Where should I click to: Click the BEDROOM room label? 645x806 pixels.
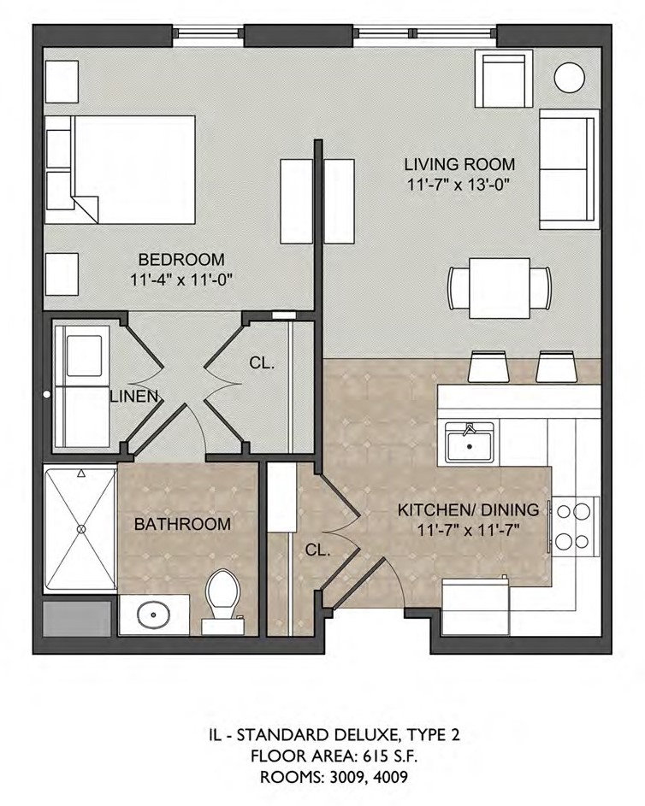click(x=181, y=259)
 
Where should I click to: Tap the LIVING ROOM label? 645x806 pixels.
click(x=459, y=164)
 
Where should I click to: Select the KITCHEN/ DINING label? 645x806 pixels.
click(x=468, y=510)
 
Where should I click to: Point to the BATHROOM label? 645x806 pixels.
click(x=182, y=524)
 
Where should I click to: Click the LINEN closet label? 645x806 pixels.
click(x=133, y=397)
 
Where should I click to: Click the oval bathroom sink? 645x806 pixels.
click(x=153, y=615)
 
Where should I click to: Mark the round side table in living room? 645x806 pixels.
click(x=570, y=78)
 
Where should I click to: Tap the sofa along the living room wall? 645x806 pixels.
click(x=569, y=169)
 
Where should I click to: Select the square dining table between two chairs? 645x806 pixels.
click(x=500, y=288)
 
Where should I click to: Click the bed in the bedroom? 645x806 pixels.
click(x=120, y=169)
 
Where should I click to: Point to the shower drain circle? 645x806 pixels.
click(x=81, y=528)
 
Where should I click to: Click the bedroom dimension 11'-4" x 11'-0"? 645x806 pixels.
click(x=181, y=280)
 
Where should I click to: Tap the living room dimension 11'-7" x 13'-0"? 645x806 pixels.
click(x=459, y=185)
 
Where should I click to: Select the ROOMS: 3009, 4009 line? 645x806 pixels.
click(x=334, y=777)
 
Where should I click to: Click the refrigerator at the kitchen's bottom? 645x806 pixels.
click(x=476, y=607)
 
